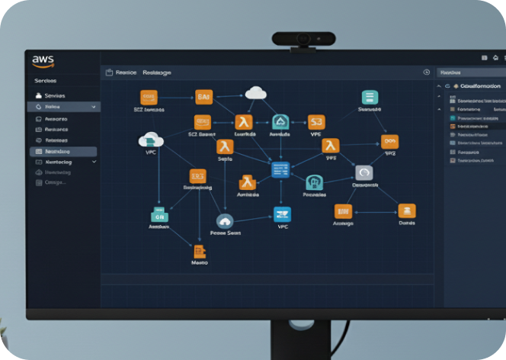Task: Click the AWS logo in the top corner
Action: pyautogui.click(x=43, y=60)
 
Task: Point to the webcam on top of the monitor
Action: pyautogui.click(x=303, y=39)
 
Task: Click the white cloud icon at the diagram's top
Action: pyautogui.click(x=256, y=93)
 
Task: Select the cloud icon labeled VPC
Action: pyautogui.click(x=151, y=140)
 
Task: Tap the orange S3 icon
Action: pyautogui.click(x=316, y=121)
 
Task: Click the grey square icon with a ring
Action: pyautogui.click(x=363, y=173)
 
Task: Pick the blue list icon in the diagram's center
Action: pyautogui.click(x=280, y=169)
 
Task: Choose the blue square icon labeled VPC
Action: pyautogui.click(x=283, y=214)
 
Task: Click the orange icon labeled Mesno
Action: pyautogui.click(x=200, y=251)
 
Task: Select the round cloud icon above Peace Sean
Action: pyautogui.click(x=225, y=220)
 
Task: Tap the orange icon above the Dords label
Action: pyautogui.click(x=406, y=211)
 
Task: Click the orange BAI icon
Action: pyautogui.click(x=203, y=97)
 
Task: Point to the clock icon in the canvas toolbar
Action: pyautogui.click(x=426, y=72)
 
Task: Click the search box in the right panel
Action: pyautogui.click(x=469, y=72)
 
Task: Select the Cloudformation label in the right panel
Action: pyautogui.click(x=481, y=87)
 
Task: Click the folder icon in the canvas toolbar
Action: pyautogui.click(x=109, y=72)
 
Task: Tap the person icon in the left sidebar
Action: pyautogui.click(x=38, y=95)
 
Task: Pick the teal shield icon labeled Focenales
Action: pyautogui.click(x=314, y=182)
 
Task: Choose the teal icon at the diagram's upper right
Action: pyautogui.click(x=370, y=97)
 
